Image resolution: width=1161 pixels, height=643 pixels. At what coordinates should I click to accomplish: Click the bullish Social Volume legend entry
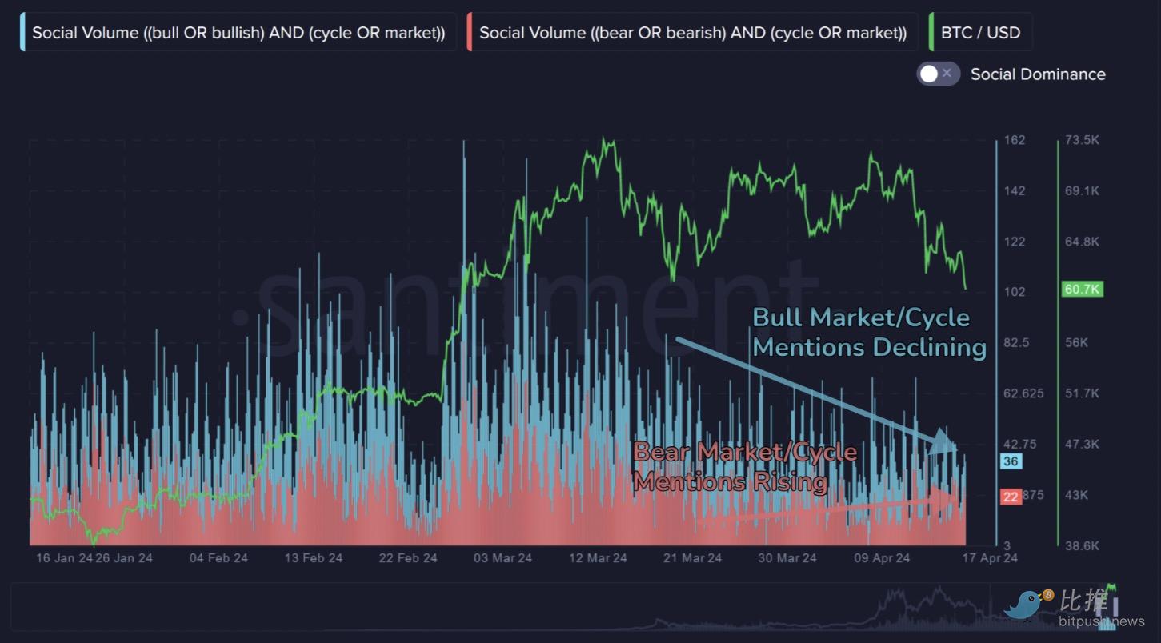(x=238, y=33)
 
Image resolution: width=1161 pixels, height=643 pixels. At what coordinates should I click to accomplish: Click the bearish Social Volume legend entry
(x=693, y=33)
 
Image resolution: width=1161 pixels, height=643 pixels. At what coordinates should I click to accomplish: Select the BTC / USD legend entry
(x=980, y=33)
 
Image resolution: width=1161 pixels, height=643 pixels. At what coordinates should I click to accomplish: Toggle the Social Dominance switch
(x=938, y=74)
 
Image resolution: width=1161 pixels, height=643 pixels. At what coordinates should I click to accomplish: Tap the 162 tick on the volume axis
(x=1014, y=140)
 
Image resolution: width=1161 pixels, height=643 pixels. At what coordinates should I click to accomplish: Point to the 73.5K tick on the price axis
(x=1082, y=140)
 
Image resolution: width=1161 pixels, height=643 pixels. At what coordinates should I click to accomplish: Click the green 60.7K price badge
(x=1082, y=289)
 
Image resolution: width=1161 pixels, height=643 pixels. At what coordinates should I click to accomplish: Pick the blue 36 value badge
(x=1011, y=461)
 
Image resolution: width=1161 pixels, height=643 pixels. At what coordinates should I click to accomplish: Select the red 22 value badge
(x=1011, y=497)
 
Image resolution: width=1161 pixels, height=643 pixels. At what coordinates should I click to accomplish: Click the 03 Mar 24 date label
(x=502, y=558)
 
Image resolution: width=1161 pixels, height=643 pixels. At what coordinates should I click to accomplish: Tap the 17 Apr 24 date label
(x=990, y=558)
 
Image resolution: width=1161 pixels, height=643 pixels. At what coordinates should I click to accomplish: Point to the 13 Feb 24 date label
(x=313, y=558)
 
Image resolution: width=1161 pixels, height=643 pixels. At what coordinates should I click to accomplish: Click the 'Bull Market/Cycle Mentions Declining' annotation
(x=869, y=332)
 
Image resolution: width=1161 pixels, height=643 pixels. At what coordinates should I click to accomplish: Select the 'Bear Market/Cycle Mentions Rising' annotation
(x=744, y=467)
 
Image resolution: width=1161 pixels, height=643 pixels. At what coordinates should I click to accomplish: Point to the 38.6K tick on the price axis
(x=1082, y=545)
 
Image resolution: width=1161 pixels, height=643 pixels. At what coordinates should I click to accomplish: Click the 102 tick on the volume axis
(x=1014, y=292)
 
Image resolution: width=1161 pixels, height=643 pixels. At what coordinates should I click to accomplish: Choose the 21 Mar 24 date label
(x=692, y=558)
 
